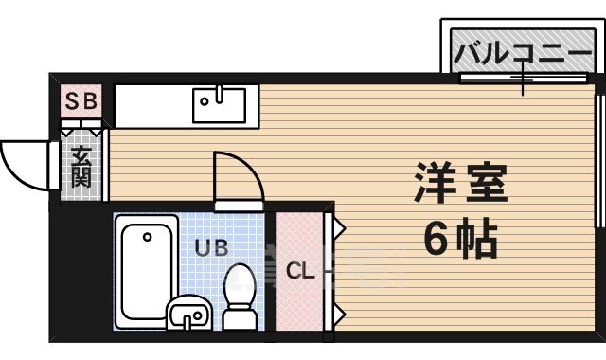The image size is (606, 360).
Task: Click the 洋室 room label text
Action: [461, 183]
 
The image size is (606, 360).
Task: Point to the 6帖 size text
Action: [460, 242]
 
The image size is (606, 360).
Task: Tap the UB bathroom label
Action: [211, 248]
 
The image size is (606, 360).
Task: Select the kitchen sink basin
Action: [219, 104]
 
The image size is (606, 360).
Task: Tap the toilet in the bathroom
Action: [241, 294]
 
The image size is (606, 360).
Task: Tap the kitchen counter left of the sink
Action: [151, 104]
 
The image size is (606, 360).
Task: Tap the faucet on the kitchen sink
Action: [219, 94]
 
